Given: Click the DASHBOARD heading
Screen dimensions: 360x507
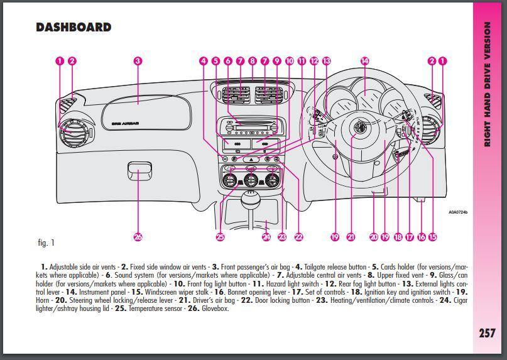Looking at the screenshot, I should [74, 27].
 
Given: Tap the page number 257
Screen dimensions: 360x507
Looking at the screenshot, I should [487, 333].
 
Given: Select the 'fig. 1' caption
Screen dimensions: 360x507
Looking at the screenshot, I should [46, 243].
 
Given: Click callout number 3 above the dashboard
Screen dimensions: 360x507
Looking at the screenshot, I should [138, 61].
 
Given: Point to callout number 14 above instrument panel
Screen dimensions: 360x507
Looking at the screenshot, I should [364, 61].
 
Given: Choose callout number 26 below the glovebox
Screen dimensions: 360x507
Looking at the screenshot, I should [138, 237].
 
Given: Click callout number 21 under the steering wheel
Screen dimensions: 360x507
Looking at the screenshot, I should [351, 237].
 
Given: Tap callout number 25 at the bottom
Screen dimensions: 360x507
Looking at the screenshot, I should [220, 237].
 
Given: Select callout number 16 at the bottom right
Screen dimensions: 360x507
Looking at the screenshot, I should [421, 237].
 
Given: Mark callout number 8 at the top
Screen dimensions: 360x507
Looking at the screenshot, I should [252, 61].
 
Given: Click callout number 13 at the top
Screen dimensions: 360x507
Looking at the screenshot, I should [325, 61].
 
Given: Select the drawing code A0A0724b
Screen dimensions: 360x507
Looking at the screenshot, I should [458, 212].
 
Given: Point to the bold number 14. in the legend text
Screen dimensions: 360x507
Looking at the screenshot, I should [70, 292].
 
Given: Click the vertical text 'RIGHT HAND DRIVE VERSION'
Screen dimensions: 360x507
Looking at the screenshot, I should [488, 85].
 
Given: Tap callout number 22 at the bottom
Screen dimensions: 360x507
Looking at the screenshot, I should [298, 237].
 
